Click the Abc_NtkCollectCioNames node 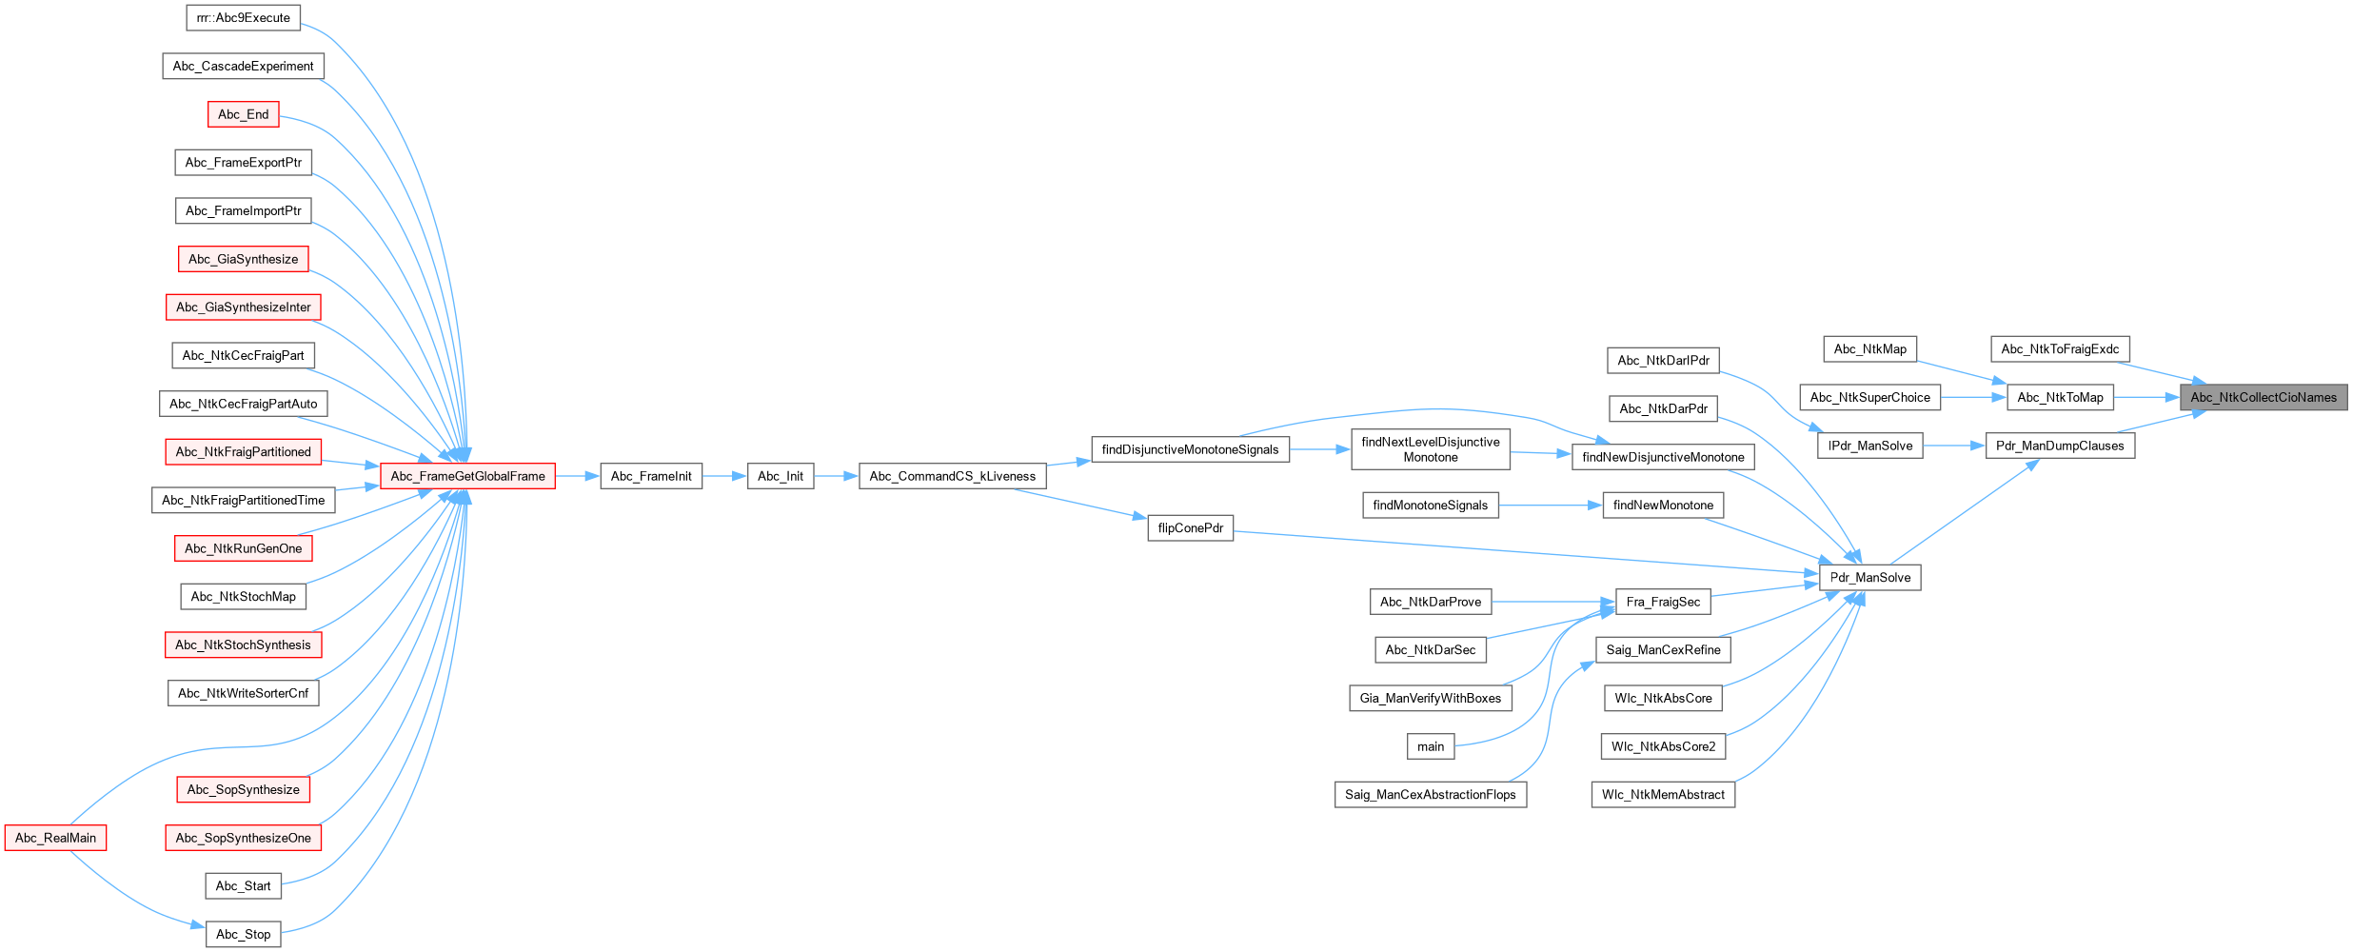click(2263, 398)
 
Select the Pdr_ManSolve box click(1869, 578)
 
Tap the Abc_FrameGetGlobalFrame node click(467, 476)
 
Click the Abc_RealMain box click(55, 838)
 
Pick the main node click(1430, 746)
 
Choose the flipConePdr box click(1190, 528)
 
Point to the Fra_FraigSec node click(1662, 602)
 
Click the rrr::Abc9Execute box click(243, 18)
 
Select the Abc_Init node click(780, 476)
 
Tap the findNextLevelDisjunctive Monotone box click(1430, 449)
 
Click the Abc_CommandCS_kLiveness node click(952, 476)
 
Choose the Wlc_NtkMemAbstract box click(1662, 795)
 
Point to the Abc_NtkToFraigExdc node click(2060, 349)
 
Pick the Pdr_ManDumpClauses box click(2060, 446)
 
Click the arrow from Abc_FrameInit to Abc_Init click(724, 476)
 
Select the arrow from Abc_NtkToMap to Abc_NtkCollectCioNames click(2146, 398)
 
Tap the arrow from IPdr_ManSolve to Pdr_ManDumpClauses click(1954, 446)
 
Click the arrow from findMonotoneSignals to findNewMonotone click(1551, 506)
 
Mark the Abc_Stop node click(243, 934)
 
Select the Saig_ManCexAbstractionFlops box click(1430, 795)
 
